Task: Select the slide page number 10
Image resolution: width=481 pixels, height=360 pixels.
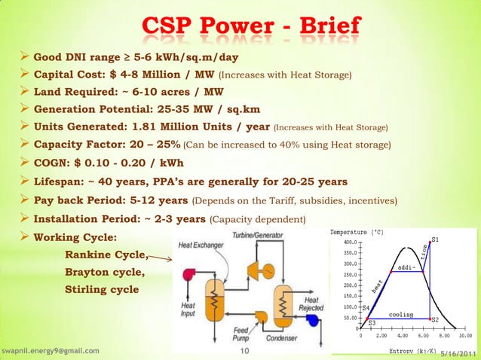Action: [244, 351]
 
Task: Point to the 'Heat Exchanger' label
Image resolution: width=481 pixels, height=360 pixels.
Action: [200, 246]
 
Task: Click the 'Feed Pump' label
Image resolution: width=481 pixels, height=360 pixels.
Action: [244, 334]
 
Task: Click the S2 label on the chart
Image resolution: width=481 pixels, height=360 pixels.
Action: [434, 320]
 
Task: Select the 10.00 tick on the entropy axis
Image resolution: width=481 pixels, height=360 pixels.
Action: [465, 336]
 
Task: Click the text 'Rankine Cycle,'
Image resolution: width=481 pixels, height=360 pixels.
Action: [106, 254]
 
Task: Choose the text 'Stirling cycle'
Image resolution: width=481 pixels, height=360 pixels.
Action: [102, 289]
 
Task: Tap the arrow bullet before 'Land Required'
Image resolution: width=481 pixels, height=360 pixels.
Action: [24, 92]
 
